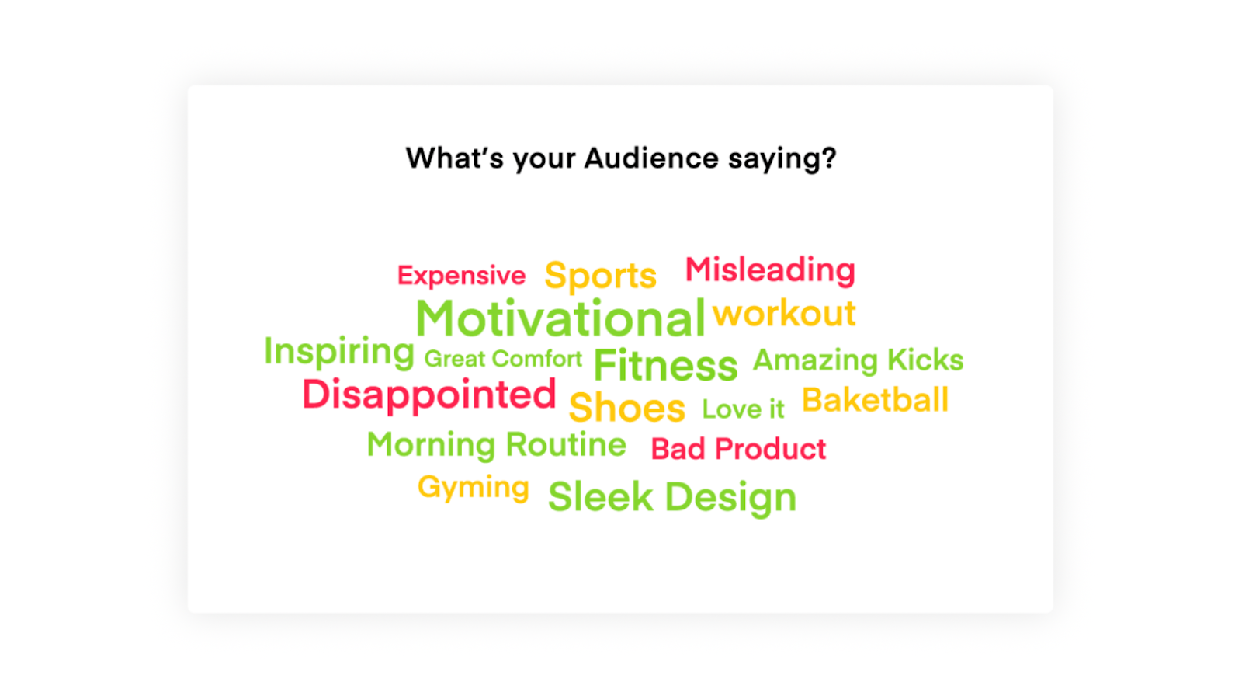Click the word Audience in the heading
coord(651,158)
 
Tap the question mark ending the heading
coord(829,158)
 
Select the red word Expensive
coord(461,275)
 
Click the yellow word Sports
coord(600,276)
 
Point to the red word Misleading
coord(770,270)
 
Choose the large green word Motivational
coord(560,318)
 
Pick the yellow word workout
coord(784,313)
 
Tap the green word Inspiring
coord(339,351)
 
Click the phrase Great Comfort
coord(503,359)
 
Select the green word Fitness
coord(665,365)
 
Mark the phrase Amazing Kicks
coord(858,360)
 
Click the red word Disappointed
coord(429,395)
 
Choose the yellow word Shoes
coord(626,408)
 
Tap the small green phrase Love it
coord(743,409)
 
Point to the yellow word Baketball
coord(875,400)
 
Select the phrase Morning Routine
coord(496,444)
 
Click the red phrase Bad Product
coord(738,449)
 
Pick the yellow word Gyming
coord(473,487)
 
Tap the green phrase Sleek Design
coord(671,497)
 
